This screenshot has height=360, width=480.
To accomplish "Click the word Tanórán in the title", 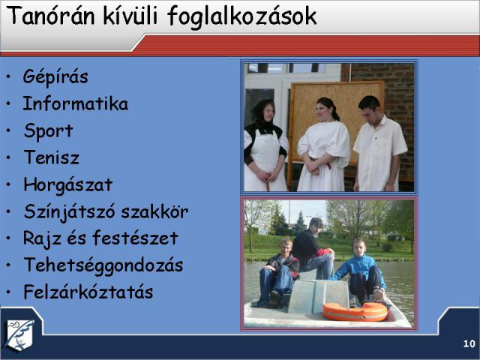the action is click(x=50, y=15).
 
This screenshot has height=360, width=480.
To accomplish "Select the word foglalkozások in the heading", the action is click(x=241, y=17).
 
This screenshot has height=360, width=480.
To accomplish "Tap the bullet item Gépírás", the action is click(x=55, y=77).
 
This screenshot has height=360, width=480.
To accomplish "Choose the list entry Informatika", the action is click(x=76, y=103).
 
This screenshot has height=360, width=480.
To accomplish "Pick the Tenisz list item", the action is click(x=52, y=157).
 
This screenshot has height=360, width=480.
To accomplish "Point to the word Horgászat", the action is click(x=68, y=185).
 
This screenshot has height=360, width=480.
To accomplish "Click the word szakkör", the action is click(x=154, y=211).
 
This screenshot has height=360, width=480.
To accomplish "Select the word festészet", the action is click(x=135, y=238).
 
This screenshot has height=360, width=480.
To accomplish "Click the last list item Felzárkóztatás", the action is click(x=88, y=292).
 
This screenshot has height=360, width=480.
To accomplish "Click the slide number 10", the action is click(x=469, y=343).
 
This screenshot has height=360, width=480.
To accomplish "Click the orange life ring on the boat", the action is click(x=355, y=312).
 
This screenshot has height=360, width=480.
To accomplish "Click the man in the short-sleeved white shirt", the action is click(x=379, y=144).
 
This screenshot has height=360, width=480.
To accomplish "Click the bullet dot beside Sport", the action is click(x=8, y=130).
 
